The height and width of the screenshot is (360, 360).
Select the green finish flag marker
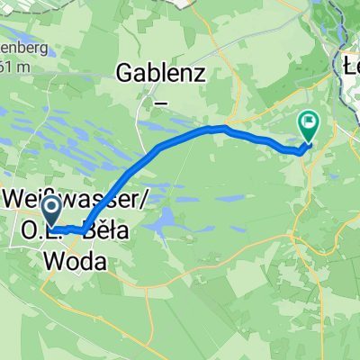[309, 126]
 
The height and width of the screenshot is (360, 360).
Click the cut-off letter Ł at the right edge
[353, 65]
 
